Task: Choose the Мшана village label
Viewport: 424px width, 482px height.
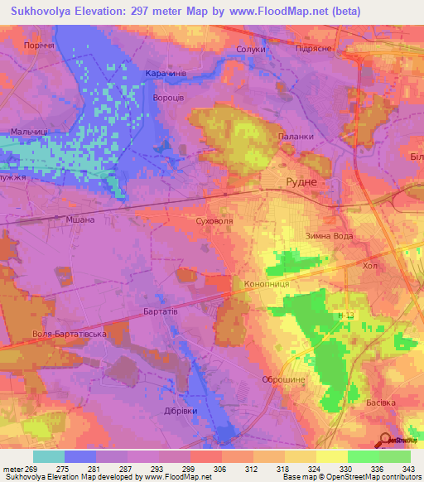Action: coord(79,219)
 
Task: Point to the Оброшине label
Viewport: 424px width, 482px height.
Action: coord(283,378)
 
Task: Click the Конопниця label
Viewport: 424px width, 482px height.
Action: coord(266,283)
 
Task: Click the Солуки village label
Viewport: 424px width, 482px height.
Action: coord(251,50)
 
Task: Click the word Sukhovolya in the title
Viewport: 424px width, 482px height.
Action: coord(46,11)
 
